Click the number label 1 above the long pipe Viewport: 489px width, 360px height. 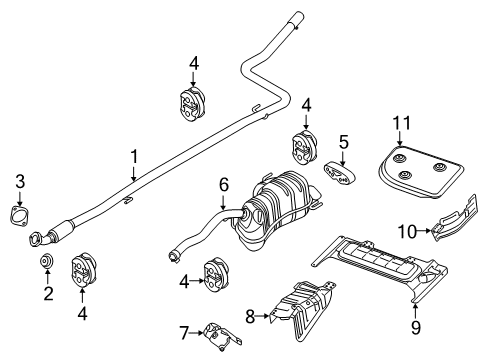(x=134, y=157)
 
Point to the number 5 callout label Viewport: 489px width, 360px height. (x=343, y=143)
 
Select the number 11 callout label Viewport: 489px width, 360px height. (x=401, y=123)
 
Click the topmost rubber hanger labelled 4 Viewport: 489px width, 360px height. (x=193, y=103)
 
